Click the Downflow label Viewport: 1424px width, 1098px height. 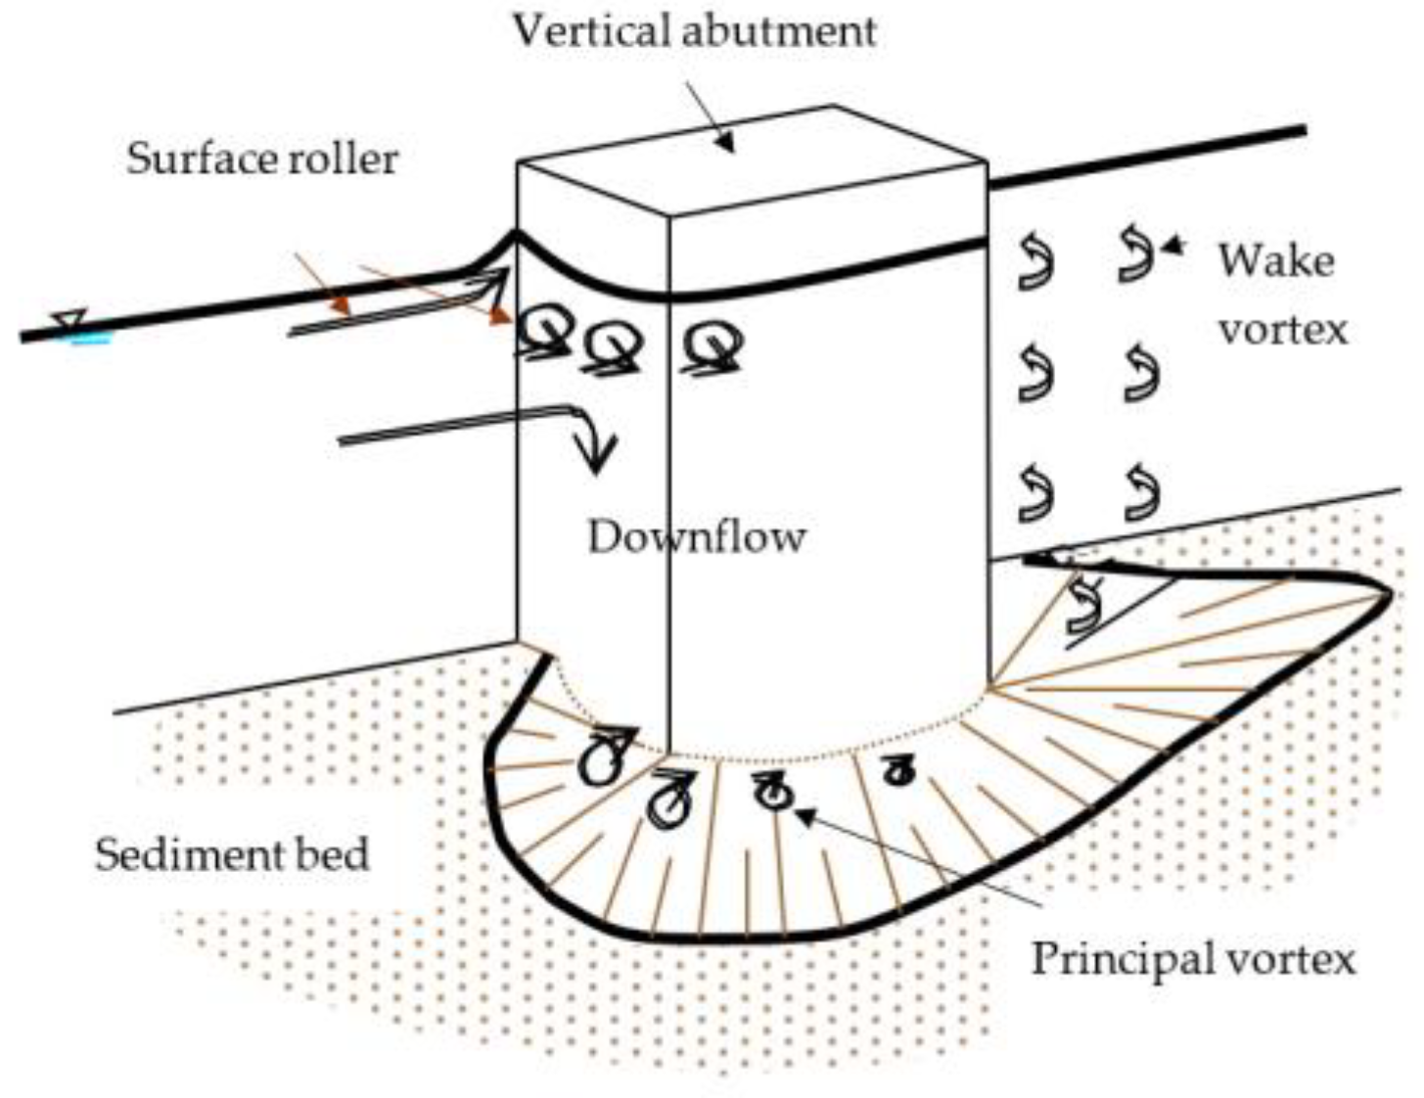(696, 537)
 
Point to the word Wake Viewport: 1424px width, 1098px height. (1275, 262)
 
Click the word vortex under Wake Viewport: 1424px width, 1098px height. (1282, 329)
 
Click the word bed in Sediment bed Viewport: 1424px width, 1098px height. (335, 854)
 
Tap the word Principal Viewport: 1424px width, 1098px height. (1116, 958)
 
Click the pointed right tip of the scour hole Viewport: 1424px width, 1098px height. (1389, 591)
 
